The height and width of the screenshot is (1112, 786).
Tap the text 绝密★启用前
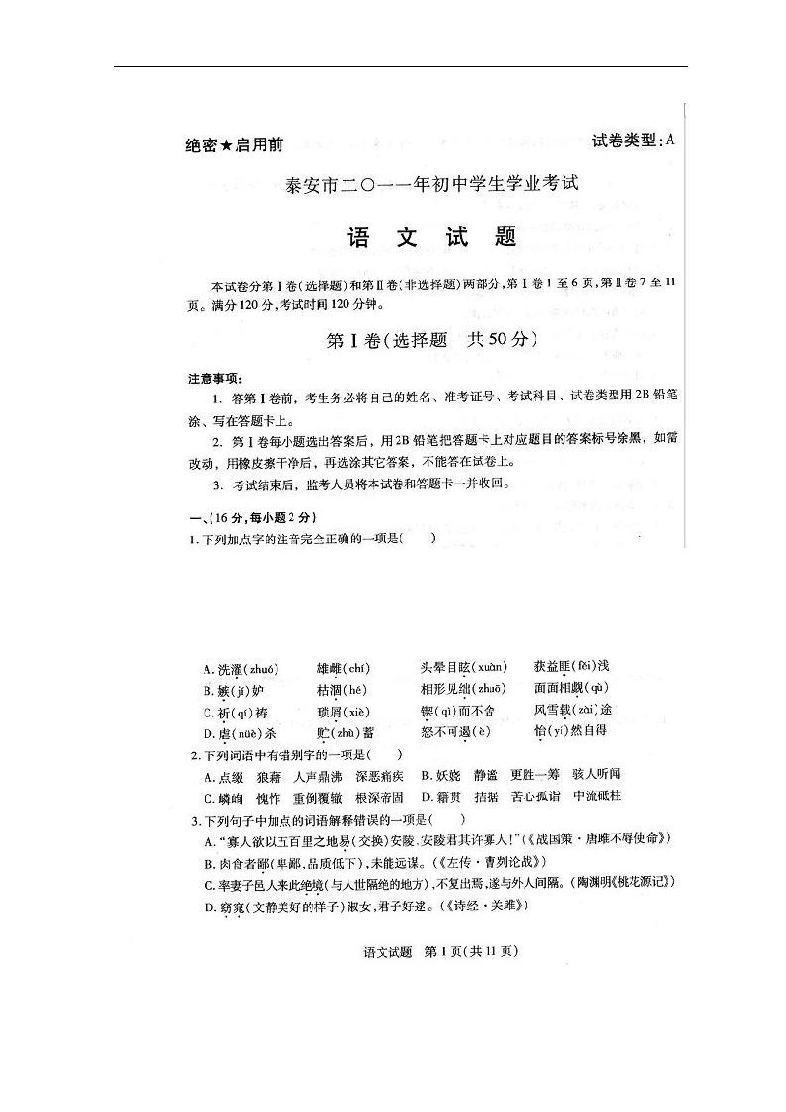234,145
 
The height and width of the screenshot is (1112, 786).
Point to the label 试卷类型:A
632,140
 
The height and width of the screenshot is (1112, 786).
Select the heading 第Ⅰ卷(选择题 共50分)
432,339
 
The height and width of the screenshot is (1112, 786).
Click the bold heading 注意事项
215,379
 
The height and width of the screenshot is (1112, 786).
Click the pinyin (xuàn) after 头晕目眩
489,667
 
